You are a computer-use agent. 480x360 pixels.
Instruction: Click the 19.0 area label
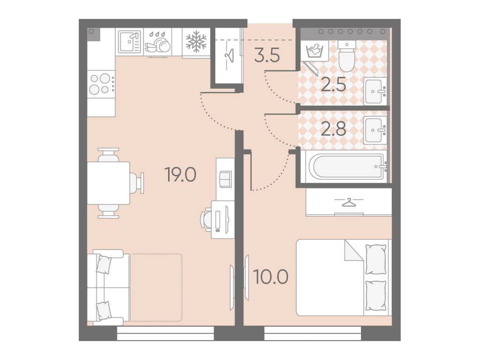pyautogui.click(x=180, y=175)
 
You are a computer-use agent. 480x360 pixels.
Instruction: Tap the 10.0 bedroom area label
pyautogui.click(x=271, y=277)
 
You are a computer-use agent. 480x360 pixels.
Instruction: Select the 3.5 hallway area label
pyautogui.click(x=267, y=56)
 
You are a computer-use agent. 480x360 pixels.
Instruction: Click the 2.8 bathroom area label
pyautogui.click(x=333, y=129)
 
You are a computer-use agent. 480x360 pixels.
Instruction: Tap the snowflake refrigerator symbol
pyautogui.click(x=196, y=42)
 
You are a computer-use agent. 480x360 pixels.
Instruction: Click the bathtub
pyautogui.click(x=348, y=166)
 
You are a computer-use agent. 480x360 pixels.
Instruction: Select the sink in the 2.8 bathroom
pyautogui.click(x=375, y=130)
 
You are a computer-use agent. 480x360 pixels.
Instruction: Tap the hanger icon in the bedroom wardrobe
pyautogui.click(x=348, y=202)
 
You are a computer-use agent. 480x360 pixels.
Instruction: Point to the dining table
pyautogui.click(x=109, y=183)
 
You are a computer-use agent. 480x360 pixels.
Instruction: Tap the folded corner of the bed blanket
pyautogui.click(x=354, y=250)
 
